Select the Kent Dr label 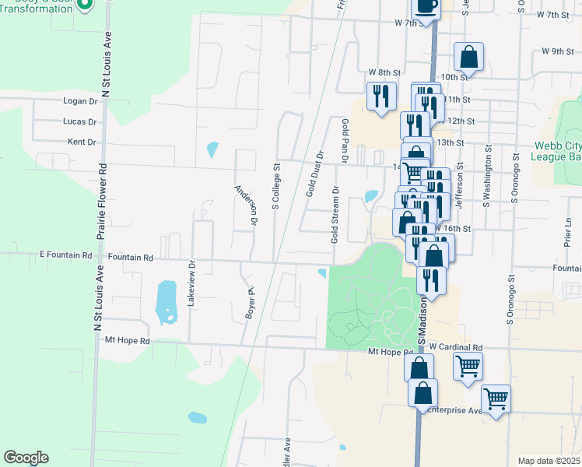coord(82,142)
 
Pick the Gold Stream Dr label coord(335,214)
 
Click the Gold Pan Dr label coord(343,140)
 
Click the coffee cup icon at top coord(426,5)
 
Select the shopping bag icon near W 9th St coord(468,57)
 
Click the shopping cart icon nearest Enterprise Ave coord(496,400)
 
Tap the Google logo coord(26,458)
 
